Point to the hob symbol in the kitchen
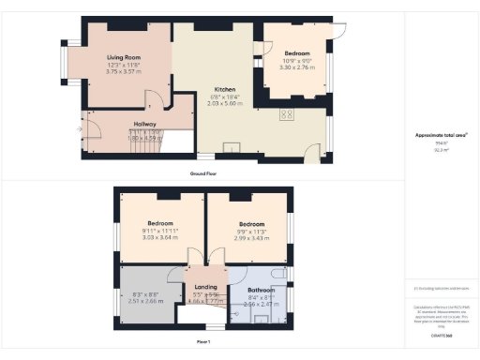pyautogui.click(x=287, y=114)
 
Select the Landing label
pyautogui.click(x=205, y=287)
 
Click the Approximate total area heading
pyautogui.click(x=440, y=135)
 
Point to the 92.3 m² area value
pyautogui.click(x=440, y=150)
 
